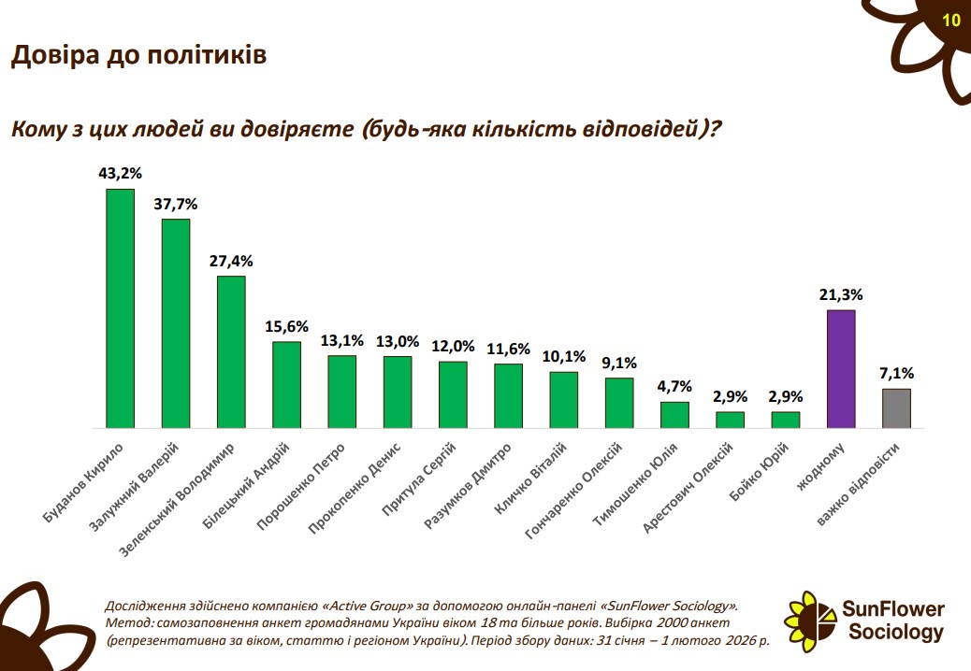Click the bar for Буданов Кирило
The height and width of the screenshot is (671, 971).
[120, 308]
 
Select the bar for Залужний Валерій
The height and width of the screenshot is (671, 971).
[176, 323]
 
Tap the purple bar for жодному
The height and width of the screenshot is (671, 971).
[841, 368]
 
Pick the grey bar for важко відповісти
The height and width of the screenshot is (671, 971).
[896, 408]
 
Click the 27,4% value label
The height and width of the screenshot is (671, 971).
[231, 261]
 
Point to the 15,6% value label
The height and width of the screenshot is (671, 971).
[286, 326]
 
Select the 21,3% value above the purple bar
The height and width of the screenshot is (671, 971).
[841, 294]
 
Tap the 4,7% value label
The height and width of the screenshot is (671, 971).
[674, 386]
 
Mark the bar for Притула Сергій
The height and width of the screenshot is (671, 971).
[453, 394]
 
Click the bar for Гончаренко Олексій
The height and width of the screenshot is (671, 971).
[619, 403]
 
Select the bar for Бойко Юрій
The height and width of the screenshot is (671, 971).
[786, 420]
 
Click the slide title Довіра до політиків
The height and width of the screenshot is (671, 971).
[138, 56]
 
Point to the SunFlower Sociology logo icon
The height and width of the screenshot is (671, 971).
[811, 618]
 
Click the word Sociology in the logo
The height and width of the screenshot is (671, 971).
[895, 633]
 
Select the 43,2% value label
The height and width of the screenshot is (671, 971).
[120, 174]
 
